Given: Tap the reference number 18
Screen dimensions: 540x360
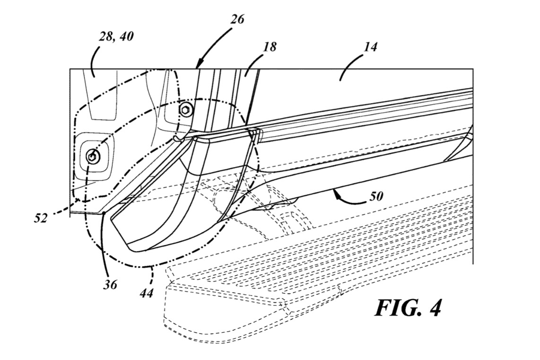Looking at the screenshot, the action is point(270,47).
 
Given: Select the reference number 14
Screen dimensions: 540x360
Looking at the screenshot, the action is point(370,47).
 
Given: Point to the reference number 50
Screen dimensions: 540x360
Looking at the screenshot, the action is point(375,196).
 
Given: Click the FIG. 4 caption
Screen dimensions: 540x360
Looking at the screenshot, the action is point(408,307).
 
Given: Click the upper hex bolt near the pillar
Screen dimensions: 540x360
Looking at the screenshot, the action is point(186,110).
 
